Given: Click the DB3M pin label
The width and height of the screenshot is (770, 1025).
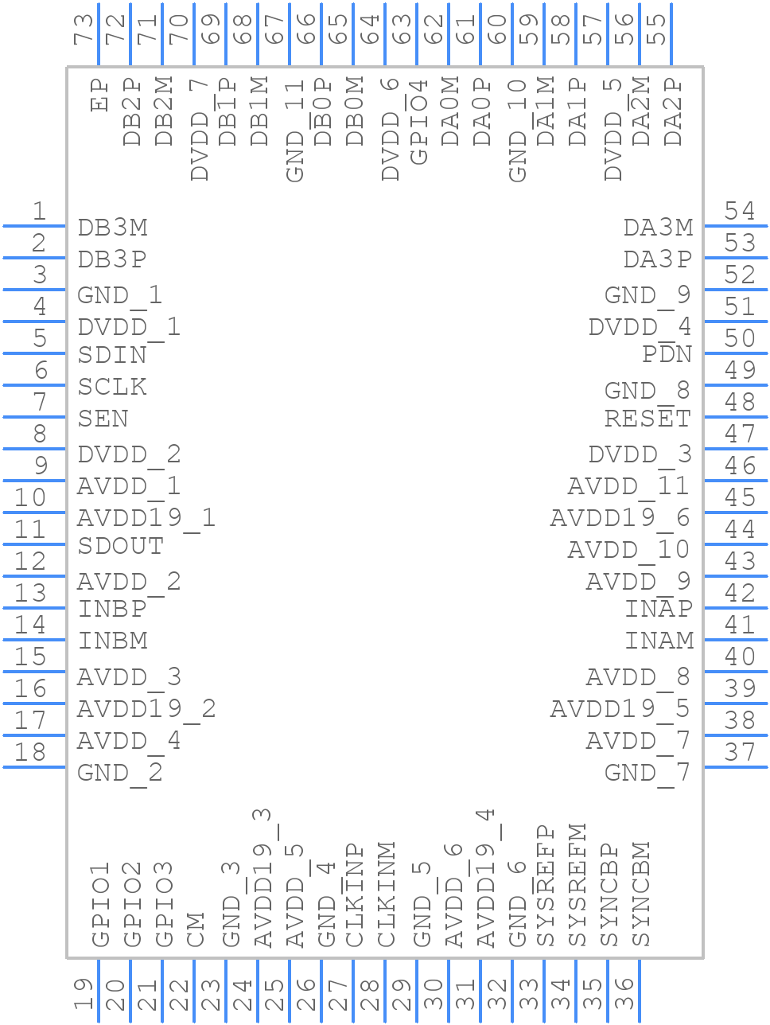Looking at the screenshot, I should [x=112, y=228].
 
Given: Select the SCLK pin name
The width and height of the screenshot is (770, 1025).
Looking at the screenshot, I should [x=112, y=387].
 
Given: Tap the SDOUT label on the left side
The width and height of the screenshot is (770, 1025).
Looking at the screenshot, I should [x=120, y=546].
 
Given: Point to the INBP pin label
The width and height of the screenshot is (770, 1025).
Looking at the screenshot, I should [x=112, y=609].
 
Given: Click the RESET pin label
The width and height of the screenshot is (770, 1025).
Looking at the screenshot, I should [x=647, y=418].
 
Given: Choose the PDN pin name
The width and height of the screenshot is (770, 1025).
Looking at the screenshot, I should [x=667, y=354].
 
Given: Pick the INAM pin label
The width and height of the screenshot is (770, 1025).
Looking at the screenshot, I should [x=659, y=641].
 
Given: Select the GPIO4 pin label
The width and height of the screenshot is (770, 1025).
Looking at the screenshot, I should [x=418, y=121].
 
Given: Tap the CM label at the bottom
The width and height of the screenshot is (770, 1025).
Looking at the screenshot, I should [x=196, y=929].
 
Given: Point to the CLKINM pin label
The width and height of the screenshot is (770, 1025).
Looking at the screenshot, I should [x=387, y=895].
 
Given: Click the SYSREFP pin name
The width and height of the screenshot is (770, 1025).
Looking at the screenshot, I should [x=546, y=886].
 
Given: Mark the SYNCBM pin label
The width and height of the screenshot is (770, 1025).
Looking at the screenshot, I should [x=641, y=894].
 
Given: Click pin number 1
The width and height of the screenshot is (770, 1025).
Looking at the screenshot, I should [x=39, y=212].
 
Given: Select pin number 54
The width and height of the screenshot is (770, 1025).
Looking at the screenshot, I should [x=740, y=212].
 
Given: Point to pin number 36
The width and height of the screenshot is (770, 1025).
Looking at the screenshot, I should [x=624, y=995].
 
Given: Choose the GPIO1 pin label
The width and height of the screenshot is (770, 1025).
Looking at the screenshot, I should [x=100, y=905].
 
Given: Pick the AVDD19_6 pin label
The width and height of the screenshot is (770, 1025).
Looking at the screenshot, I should [x=620, y=518].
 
